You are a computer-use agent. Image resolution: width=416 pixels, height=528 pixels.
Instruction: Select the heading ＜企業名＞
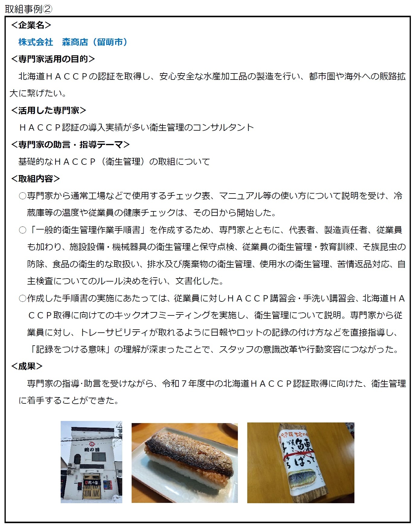[x=31, y=25]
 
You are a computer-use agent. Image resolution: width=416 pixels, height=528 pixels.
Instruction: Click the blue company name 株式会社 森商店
[x=53, y=42]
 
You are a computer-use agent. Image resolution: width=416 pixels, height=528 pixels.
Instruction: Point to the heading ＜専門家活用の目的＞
[x=53, y=59]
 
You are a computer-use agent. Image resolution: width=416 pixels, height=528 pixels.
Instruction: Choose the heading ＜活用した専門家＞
[x=48, y=110]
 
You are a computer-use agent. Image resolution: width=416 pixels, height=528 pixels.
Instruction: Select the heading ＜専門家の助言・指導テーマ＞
[x=70, y=145]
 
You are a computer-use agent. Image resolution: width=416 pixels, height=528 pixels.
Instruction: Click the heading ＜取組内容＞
[x=35, y=179]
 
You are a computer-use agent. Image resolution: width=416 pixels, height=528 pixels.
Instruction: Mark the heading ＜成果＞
[x=27, y=366]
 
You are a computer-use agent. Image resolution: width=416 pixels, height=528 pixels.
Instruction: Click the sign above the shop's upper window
[x=91, y=450]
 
